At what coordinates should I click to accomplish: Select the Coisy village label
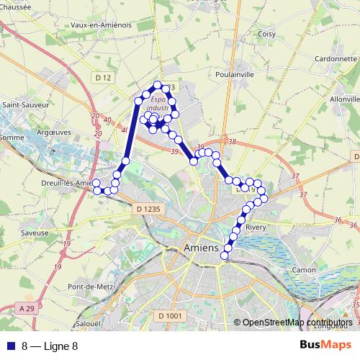pos(267,33)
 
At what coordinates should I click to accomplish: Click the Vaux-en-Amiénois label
pos(102,24)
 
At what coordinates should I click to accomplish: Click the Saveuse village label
pos(35,233)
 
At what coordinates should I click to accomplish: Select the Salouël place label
pos(88,324)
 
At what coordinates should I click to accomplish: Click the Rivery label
pos(256,227)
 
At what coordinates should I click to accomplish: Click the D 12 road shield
pos(103,76)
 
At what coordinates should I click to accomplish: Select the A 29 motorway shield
pos(27,308)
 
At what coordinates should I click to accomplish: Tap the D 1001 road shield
pos(170,315)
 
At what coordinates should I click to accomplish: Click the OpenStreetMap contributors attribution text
pos(297,323)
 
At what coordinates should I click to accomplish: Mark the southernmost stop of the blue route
pos(225,255)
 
